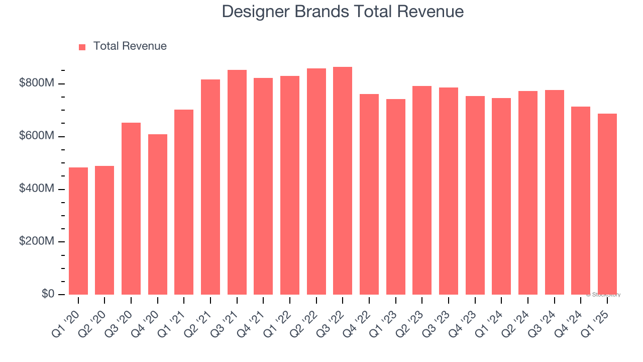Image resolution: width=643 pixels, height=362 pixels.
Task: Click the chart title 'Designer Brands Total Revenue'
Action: [343, 11]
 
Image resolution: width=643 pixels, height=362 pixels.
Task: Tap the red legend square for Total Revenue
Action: [82, 47]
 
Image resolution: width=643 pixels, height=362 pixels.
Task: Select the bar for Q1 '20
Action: [78, 231]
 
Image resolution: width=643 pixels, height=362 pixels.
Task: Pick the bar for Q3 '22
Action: [343, 180]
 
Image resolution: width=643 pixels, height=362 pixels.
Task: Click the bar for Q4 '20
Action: [158, 214]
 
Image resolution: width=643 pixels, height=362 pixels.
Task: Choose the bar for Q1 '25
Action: [607, 204]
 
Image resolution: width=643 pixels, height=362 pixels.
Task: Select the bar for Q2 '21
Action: [210, 187]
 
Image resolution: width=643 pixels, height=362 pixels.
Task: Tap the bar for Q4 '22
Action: [369, 194]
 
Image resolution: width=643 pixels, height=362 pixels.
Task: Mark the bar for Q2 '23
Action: [422, 190]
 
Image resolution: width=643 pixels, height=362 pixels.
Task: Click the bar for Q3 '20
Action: [131, 208]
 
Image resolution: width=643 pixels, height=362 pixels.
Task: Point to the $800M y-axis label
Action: [36, 83]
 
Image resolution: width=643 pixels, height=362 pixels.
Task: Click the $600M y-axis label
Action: [36, 136]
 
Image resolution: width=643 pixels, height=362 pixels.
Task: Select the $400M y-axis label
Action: [36, 189]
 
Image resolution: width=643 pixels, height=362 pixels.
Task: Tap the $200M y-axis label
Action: [36, 242]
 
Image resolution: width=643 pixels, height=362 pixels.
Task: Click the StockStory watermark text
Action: [603, 295]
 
